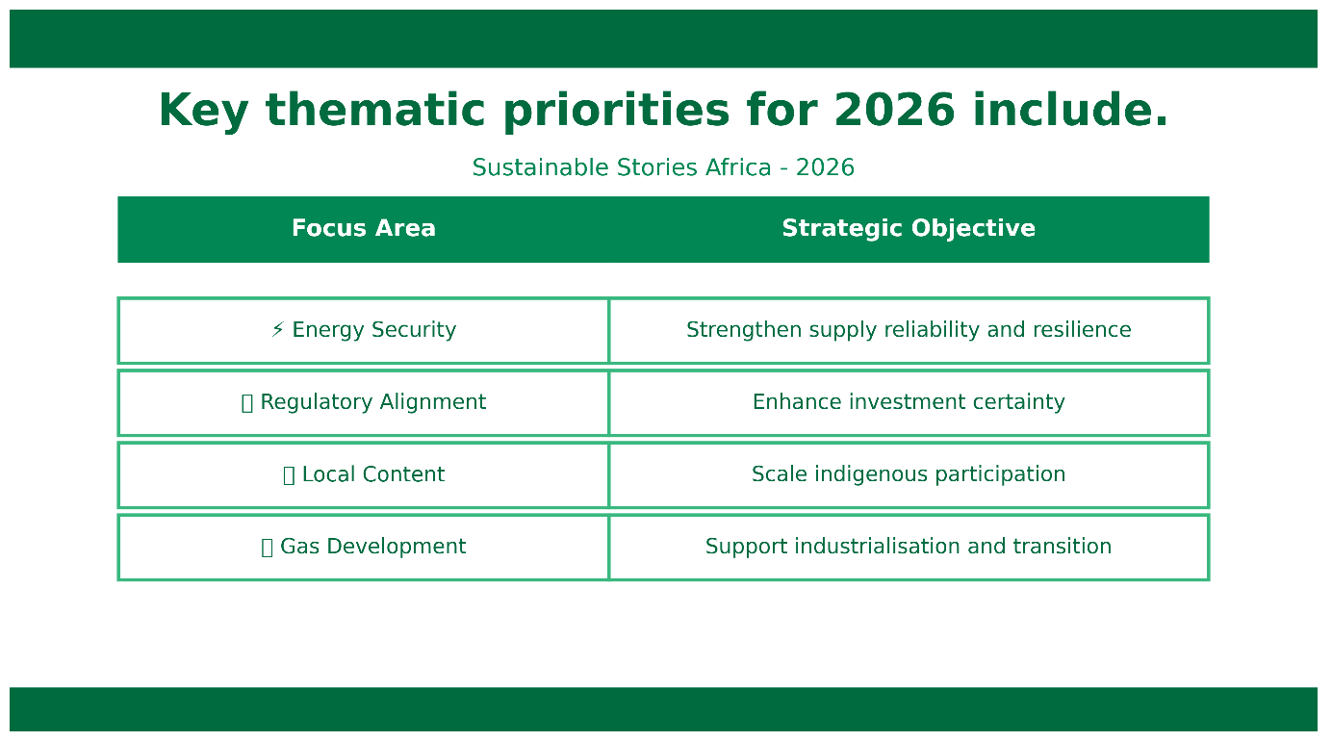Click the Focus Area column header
pos(364,228)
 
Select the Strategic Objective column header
pos(909,228)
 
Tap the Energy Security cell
pos(364,330)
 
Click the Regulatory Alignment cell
pos(364,402)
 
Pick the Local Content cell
pos(364,474)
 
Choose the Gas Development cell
pos(364,548)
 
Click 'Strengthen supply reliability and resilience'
pos(909,330)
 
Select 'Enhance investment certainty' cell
pos(909,402)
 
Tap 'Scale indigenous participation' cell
pos(909,474)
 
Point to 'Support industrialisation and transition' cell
pos(909,548)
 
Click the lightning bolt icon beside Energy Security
pos(278,329)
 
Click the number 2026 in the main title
pos(894,111)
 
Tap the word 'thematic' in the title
pos(375,110)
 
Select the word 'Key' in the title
pos(203,113)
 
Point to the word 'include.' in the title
pos(1070,110)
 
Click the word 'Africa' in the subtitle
pos(738,167)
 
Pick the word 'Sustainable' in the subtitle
pos(541,167)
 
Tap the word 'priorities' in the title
pos(616,113)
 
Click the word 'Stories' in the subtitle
pos(657,167)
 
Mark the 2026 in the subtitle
pos(825,167)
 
